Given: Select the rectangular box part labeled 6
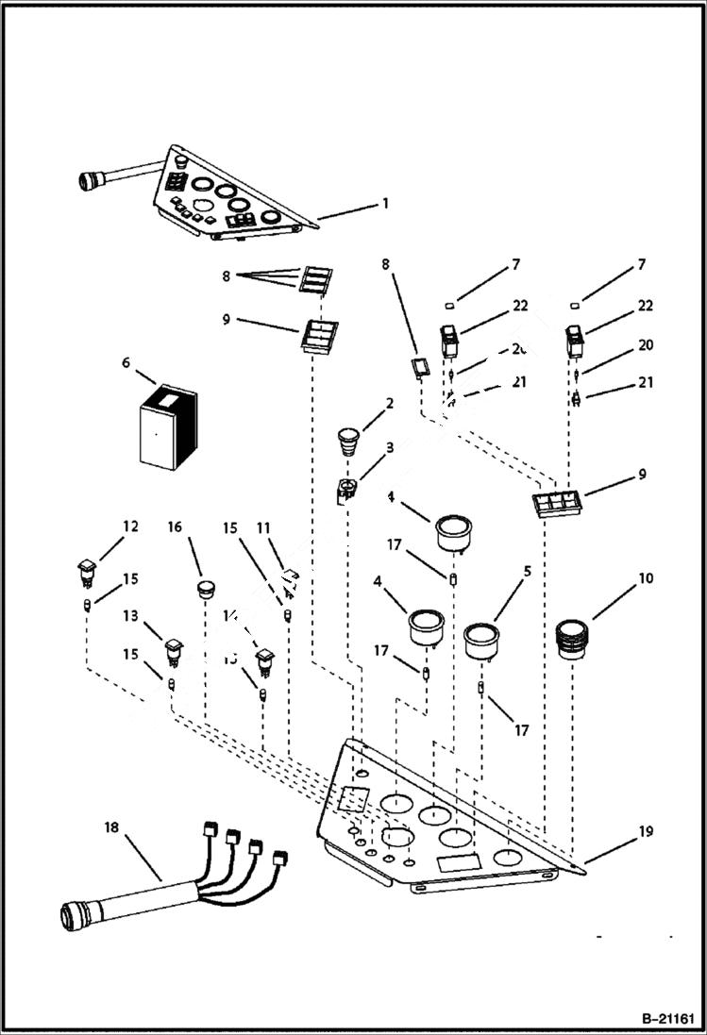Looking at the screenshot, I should coord(165,429).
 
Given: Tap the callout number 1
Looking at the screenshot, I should coord(384,203).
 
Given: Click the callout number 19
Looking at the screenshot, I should coord(645,831).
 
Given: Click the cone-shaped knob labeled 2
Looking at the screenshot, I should coord(349,441).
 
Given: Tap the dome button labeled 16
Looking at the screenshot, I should coord(206,590).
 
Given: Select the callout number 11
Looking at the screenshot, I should coord(263,527).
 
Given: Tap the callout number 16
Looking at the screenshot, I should coord(175,526).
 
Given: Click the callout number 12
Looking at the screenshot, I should coord(129,526).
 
